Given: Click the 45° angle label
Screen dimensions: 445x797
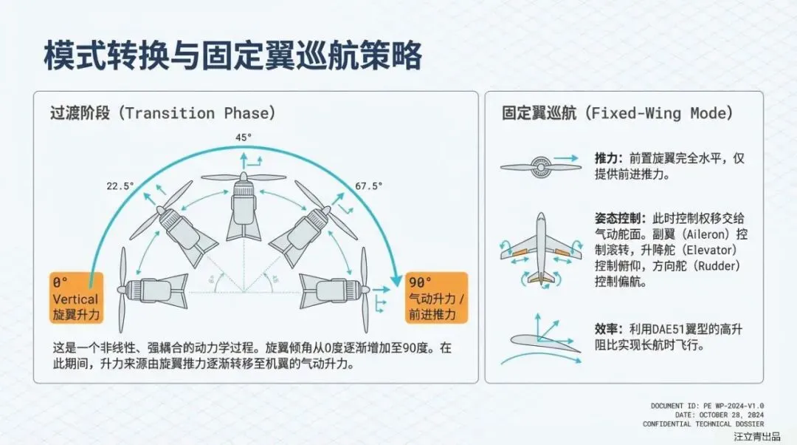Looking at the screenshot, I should click(x=244, y=137).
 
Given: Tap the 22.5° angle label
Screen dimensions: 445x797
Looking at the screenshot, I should click(x=120, y=186).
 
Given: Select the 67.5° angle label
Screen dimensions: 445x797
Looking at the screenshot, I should click(x=369, y=186).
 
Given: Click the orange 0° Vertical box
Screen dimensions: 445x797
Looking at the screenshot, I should click(x=75, y=298).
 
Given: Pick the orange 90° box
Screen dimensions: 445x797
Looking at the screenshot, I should click(x=437, y=298).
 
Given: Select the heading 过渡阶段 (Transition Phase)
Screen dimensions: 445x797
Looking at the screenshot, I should click(x=162, y=113).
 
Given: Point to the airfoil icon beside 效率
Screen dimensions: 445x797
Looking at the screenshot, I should click(x=540, y=341).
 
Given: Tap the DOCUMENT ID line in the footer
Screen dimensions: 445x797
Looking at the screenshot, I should click(x=707, y=406).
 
